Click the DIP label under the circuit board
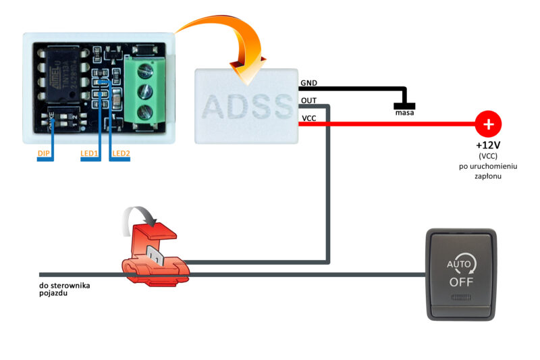click(x=44, y=154)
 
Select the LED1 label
click(x=89, y=154)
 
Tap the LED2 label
click(x=122, y=154)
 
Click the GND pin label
click(x=309, y=84)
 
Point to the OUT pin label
click(x=309, y=101)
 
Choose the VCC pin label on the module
click(x=309, y=118)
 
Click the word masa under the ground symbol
click(x=404, y=113)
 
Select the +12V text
click(x=488, y=145)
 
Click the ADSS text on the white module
click(x=247, y=107)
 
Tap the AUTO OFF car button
click(x=462, y=274)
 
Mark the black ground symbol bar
click(x=404, y=105)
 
